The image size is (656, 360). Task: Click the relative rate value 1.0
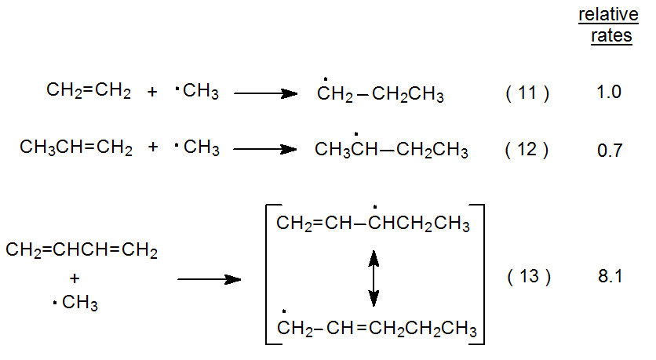608,93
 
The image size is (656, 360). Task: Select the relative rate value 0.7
609,149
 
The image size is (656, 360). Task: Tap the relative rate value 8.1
609,277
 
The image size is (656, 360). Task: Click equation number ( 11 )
527,93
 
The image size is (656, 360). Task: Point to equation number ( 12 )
527,149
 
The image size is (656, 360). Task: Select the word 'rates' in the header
611,36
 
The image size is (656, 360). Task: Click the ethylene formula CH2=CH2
89,91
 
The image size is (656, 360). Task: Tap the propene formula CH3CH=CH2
76,147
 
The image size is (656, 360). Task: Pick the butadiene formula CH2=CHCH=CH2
82,252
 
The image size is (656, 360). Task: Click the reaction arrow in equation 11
265,93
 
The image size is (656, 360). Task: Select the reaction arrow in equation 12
265,149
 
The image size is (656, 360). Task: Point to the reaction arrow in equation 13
208,278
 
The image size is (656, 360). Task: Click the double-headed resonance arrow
374,278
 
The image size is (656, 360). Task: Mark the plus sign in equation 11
152,93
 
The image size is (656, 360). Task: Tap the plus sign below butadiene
75,278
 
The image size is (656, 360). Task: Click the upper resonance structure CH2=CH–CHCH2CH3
373,226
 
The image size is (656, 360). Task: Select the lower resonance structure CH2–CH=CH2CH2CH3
377,328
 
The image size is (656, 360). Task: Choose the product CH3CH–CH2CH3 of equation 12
391,149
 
